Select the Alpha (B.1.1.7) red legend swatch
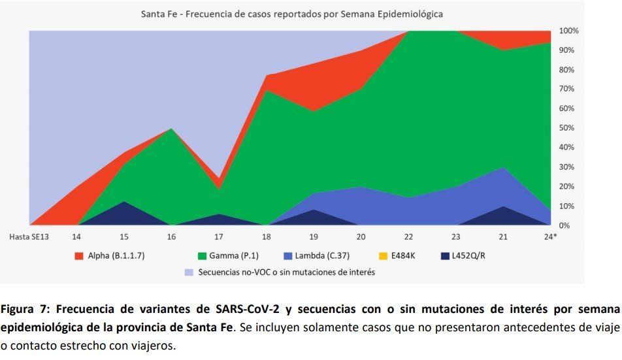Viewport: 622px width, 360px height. pos(79,255)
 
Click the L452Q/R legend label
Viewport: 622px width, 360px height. pos(468,255)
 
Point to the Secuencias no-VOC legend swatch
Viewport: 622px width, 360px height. pos(189,272)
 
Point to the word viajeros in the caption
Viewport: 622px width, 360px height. pos(151,346)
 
